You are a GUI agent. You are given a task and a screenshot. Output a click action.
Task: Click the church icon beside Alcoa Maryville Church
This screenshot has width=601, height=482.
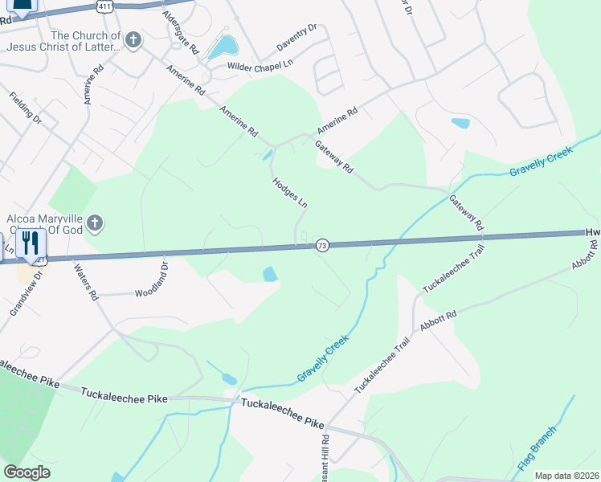[x=95, y=223]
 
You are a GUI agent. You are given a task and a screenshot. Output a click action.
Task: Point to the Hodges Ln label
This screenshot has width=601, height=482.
[x=289, y=193]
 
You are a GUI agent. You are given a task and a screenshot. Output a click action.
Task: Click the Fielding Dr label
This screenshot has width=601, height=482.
[x=26, y=108]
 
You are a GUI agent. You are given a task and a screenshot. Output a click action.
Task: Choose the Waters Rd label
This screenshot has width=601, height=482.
[x=85, y=282]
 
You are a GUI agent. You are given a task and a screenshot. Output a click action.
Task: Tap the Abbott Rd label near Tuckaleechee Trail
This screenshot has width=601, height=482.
[x=438, y=322]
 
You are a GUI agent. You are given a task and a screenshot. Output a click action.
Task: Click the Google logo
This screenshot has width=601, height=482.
[x=27, y=472]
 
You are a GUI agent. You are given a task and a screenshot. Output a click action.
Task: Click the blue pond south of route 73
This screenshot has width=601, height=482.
[x=270, y=275]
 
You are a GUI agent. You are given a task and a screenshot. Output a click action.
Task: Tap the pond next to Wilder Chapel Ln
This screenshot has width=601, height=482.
[x=223, y=48]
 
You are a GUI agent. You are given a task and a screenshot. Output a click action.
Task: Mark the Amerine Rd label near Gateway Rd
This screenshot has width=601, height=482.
[x=337, y=122]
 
